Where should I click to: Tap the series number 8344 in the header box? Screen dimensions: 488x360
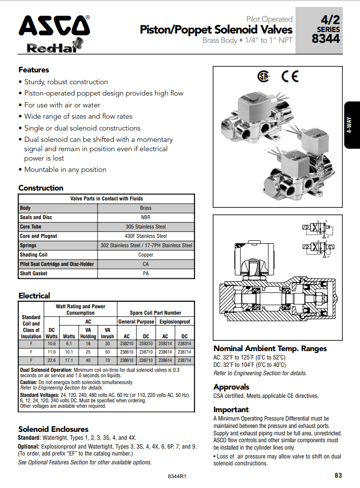coord(326,38)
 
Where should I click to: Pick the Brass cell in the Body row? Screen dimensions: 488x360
coord(146,208)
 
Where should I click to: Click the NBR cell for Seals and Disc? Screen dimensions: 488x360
coord(146,218)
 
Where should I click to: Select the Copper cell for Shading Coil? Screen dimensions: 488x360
coord(146,255)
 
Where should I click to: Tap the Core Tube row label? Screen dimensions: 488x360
coord(31,227)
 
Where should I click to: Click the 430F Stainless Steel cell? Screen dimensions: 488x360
coord(146,236)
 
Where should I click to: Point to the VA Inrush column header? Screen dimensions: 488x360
coord(107,333)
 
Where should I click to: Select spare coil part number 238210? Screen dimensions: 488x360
coord(126,343)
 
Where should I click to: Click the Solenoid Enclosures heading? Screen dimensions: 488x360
coord(53,429)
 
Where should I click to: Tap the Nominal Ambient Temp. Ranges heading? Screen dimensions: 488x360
coord(270,349)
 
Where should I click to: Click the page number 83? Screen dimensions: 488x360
coord(338,475)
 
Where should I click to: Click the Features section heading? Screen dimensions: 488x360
coord(34,70)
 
